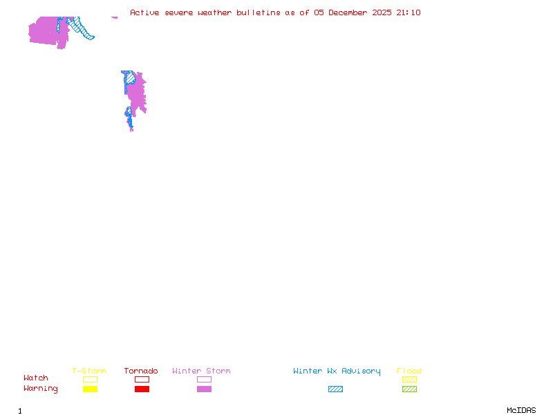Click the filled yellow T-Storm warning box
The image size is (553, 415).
(x=90, y=389)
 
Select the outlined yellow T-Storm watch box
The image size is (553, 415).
(x=90, y=379)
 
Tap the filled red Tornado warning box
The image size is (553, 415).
(x=142, y=389)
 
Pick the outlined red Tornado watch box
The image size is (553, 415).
(x=142, y=379)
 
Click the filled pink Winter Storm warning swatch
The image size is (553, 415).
(x=204, y=389)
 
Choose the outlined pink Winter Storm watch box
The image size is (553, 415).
(x=204, y=379)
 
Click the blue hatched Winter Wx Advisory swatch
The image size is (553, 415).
(x=335, y=389)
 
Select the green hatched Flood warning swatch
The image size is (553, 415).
(x=409, y=389)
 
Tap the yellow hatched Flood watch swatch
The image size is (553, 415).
(x=409, y=379)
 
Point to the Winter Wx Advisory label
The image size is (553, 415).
(x=337, y=371)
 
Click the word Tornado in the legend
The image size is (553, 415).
(x=141, y=371)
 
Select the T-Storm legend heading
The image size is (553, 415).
(x=89, y=371)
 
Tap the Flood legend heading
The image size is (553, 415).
(x=409, y=371)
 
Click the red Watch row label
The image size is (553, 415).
(x=36, y=378)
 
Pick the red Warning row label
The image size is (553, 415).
(x=41, y=389)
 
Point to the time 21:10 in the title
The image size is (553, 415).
(x=409, y=12)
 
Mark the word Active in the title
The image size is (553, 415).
(x=145, y=12)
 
